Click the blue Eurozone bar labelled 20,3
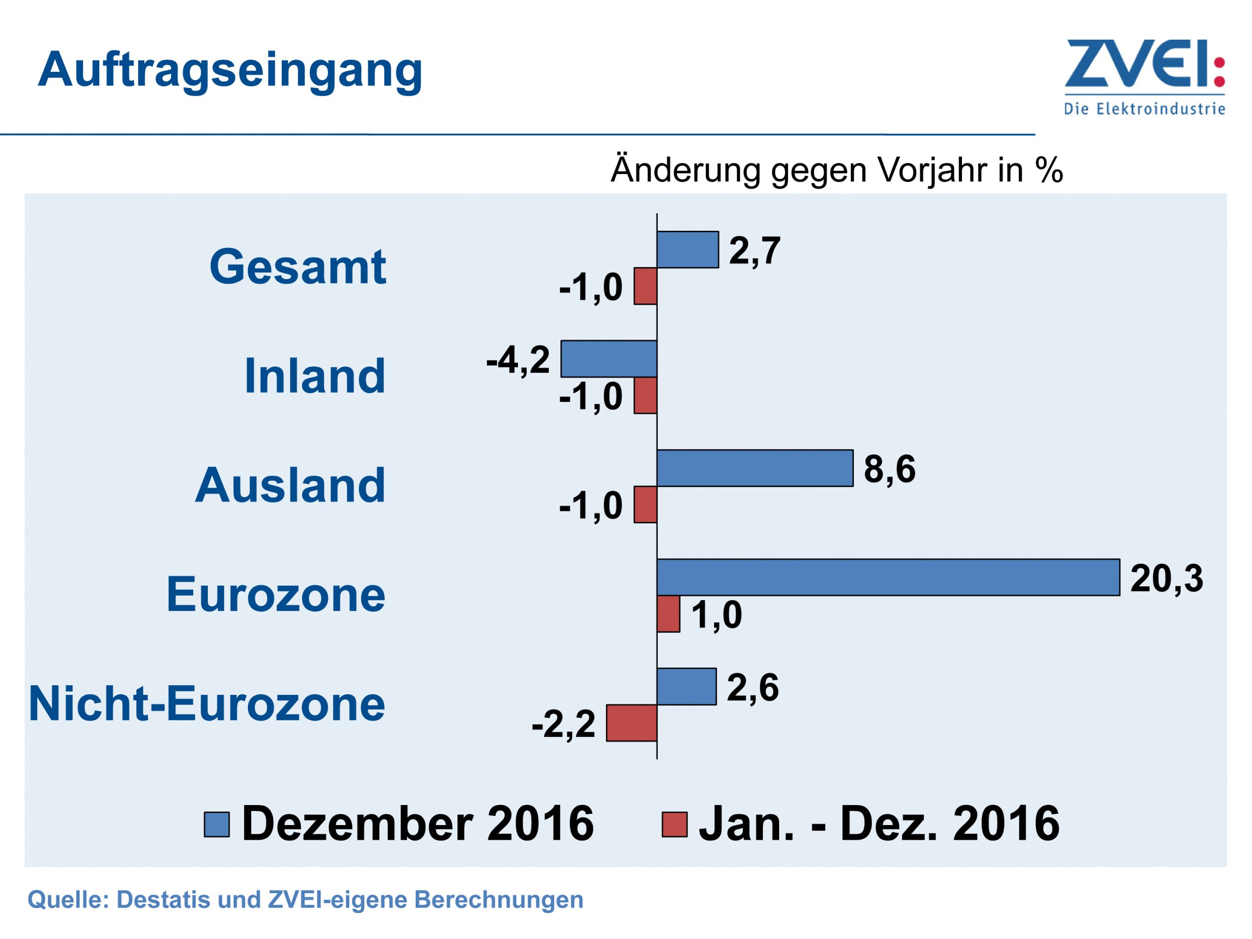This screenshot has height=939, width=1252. (888, 577)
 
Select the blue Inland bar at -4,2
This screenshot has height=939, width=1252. (608, 359)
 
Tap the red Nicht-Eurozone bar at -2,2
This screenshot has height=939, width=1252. (631, 723)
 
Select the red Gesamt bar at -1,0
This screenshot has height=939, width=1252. (645, 287)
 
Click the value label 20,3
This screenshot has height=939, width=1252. (1166, 579)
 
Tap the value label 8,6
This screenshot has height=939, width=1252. (889, 469)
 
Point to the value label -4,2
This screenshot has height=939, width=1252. (518, 359)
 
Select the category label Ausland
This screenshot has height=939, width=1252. (291, 486)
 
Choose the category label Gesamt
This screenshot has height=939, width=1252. (298, 267)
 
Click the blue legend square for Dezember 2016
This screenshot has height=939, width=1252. (217, 824)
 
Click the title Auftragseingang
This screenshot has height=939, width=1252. (230, 70)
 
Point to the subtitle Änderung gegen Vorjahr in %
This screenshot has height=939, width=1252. (837, 169)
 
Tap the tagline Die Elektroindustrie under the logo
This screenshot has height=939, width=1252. (1144, 109)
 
